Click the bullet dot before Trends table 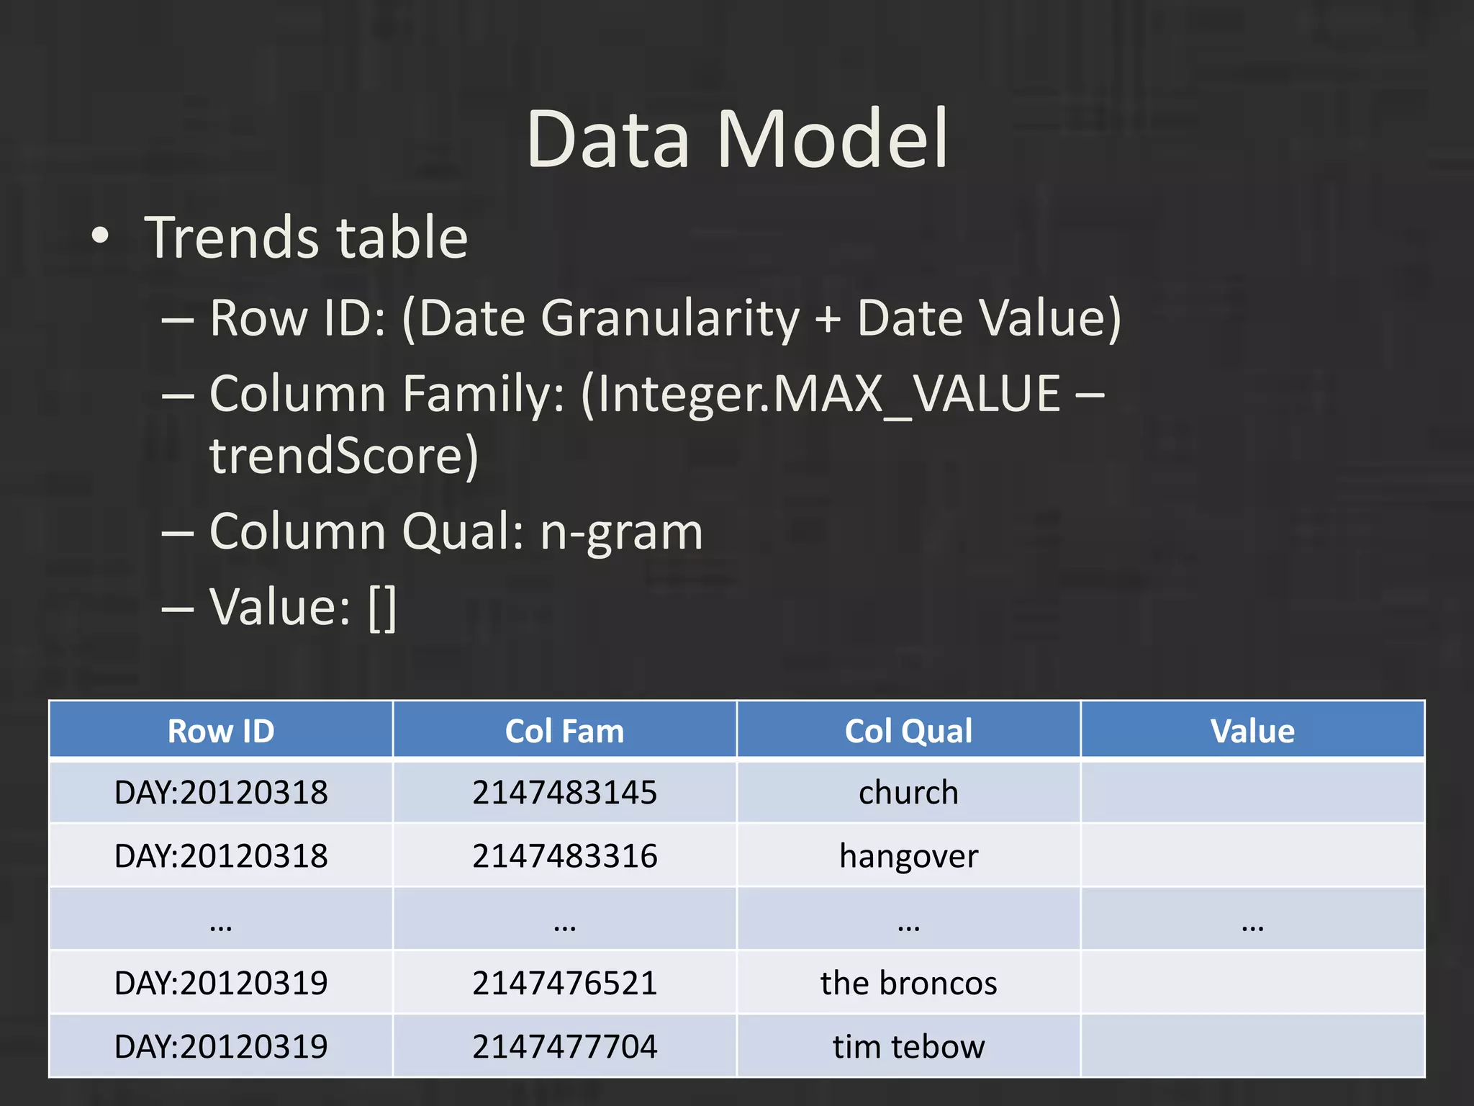click(x=101, y=236)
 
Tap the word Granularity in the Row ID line click(x=669, y=318)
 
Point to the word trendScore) click(x=344, y=456)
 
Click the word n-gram click(x=621, y=531)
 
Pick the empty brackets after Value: click(x=382, y=608)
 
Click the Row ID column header click(x=221, y=731)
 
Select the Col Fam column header click(x=564, y=731)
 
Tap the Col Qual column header click(x=908, y=731)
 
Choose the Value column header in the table click(x=1252, y=731)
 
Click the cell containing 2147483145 click(x=564, y=792)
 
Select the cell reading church click(x=908, y=792)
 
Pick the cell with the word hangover click(x=908, y=856)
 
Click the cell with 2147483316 click(x=564, y=856)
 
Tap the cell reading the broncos click(x=908, y=983)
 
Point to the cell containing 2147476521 click(x=564, y=983)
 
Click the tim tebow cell click(x=908, y=1046)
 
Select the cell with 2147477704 click(x=564, y=1046)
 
